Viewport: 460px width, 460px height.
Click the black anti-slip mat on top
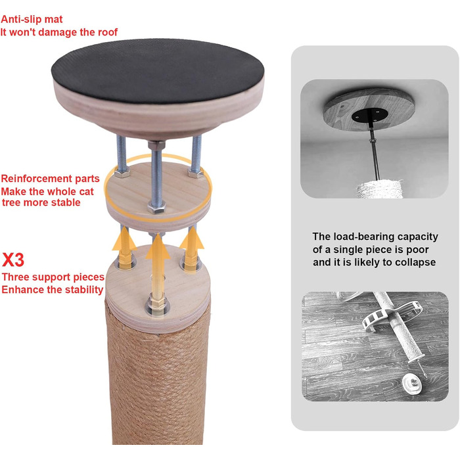(158, 70)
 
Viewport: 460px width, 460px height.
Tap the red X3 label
(13, 260)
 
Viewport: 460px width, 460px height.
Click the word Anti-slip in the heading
(20, 19)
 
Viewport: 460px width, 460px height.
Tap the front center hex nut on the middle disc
(156, 207)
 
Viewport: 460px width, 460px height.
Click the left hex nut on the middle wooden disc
(122, 172)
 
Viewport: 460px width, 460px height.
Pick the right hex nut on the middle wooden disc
(196, 172)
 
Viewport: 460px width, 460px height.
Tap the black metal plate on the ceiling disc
(370, 115)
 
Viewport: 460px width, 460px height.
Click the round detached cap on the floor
(413, 384)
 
